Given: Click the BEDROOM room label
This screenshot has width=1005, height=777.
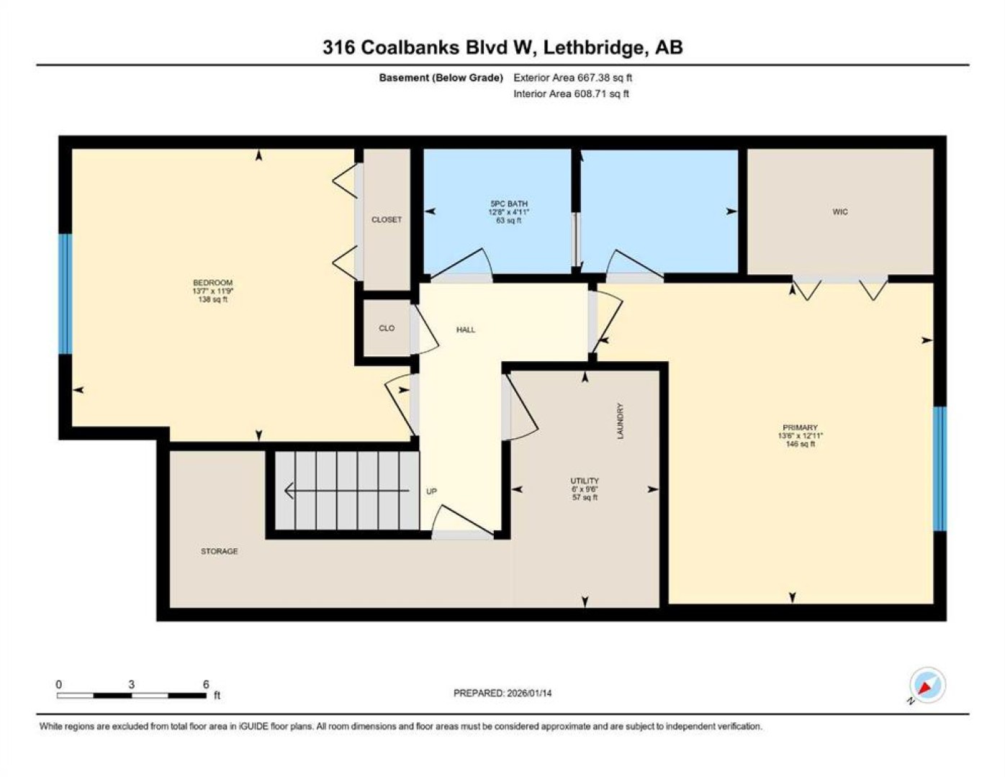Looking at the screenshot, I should tap(212, 283).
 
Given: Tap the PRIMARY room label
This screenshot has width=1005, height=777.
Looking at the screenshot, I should tap(800, 427).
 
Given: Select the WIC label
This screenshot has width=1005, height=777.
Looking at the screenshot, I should tap(840, 212).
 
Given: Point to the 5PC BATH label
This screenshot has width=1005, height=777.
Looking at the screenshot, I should tap(509, 204).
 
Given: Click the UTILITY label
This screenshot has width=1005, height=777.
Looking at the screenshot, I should tap(585, 481).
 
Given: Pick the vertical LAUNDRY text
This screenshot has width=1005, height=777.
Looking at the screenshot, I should tap(620, 421).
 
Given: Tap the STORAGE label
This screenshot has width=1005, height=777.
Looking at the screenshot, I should tap(219, 551).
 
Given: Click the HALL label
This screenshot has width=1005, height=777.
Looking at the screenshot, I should tap(466, 330).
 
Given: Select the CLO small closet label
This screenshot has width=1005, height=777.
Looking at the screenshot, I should tap(387, 328).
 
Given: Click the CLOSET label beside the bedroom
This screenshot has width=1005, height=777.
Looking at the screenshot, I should tap(387, 219).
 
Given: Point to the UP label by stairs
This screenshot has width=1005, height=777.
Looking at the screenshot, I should tap(431, 491).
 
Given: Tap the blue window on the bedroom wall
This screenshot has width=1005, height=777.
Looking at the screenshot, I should tap(66, 294).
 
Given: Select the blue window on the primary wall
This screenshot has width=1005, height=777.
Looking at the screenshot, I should tap(939, 468).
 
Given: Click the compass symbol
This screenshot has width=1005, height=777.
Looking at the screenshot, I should tap(927, 685).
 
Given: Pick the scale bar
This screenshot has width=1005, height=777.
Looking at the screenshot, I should tap(132, 696).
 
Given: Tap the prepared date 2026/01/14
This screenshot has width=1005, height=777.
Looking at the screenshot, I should tap(529, 694).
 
